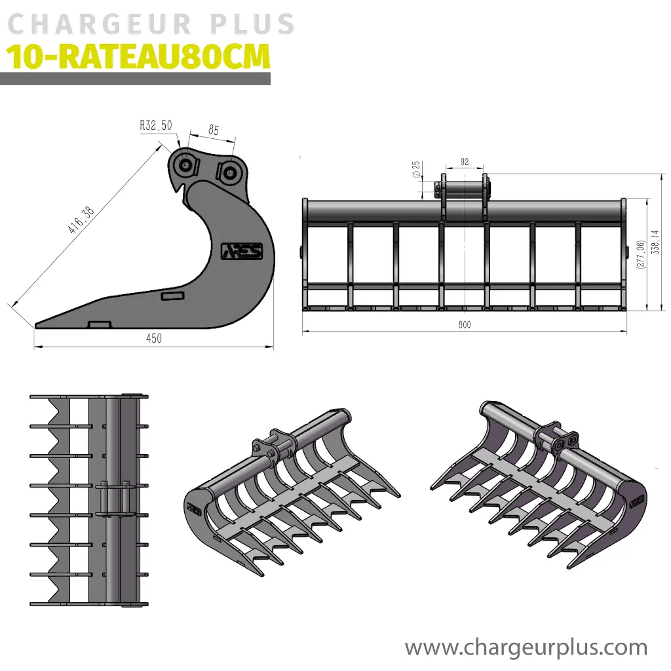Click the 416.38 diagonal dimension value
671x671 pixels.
pyautogui.click(x=81, y=220)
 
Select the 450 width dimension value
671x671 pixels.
pyautogui.click(x=154, y=339)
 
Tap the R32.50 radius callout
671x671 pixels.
pyautogui.click(x=156, y=125)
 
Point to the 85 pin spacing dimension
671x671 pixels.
pyautogui.click(x=214, y=130)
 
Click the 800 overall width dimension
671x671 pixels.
pyautogui.click(x=465, y=325)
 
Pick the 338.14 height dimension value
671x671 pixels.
pyautogui.click(x=655, y=242)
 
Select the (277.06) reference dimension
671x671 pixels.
pyautogui.click(x=641, y=254)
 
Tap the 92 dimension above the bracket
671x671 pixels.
pyautogui.click(x=465, y=162)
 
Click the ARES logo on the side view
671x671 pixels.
pyautogui.click(x=242, y=252)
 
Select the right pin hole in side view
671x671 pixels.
pyautogui.click(x=230, y=173)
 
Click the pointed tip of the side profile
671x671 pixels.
pyautogui.click(x=35, y=326)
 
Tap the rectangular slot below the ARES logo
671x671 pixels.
pyautogui.click(x=172, y=296)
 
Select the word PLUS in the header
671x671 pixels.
pyautogui.click(x=252, y=24)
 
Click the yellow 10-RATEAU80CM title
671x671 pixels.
pyautogui.click(x=138, y=57)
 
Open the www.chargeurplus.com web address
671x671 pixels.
pyautogui.click(x=526, y=647)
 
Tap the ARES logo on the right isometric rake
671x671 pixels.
pyautogui.click(x=638, y=500)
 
